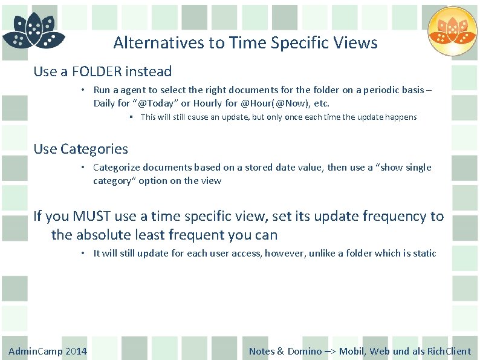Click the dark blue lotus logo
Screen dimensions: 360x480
[x=33, y=31]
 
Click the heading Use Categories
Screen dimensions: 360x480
[x=80, y=149]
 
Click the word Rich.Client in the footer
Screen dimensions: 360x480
[x=449, y=352]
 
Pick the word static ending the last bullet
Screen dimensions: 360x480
[x=424, y=254]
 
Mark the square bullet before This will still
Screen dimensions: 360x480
[x=131, y=117]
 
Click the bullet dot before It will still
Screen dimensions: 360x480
[x=85, y=254]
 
